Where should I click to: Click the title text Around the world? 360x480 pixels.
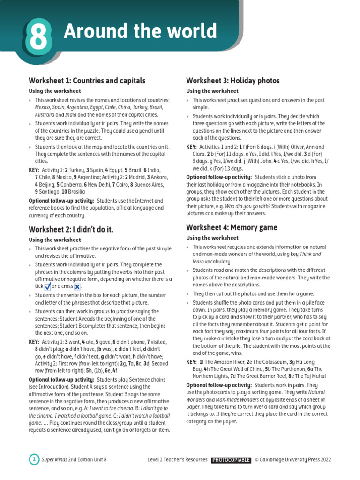[140, 32]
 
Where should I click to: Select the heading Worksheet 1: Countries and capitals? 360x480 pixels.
[87, 81]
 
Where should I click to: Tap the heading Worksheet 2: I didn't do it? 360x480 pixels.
[71, 229]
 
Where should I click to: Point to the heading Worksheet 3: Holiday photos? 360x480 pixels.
[233, 81]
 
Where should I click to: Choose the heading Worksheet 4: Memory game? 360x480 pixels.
[232, 227]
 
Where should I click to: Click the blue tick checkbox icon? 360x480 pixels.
[47, 286]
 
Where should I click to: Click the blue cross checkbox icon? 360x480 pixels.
[77, 286]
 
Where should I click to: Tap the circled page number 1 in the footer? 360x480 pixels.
[34, 459]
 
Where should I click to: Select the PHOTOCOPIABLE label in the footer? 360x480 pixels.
[231, 460]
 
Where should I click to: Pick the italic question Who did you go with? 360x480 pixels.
[240, 206]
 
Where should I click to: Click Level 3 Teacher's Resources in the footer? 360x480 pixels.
[177, 460]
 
